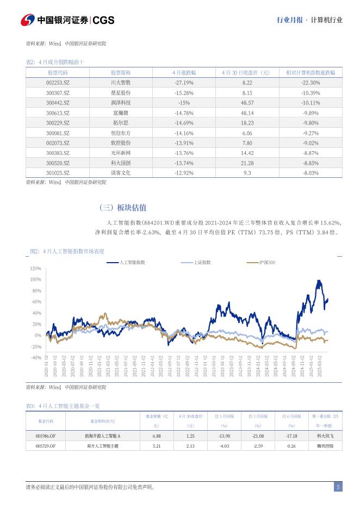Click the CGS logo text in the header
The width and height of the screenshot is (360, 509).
(x=103, y=20)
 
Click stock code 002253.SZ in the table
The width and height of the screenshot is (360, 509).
(x=58, y=83)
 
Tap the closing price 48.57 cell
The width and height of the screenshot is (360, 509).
(x=247, y=103)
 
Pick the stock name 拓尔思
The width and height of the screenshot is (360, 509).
(x=121, y=123)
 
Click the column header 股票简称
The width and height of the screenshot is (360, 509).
(x=121, y=72)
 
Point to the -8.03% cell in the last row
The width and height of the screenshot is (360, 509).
(x=310, y=173)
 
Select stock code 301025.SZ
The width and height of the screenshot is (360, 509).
(x=58, y=173)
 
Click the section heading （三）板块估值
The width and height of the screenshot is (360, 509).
(x=123, y=208)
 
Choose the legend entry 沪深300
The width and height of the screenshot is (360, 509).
(x=266, y=263)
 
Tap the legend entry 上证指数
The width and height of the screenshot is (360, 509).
(x=202, y=263)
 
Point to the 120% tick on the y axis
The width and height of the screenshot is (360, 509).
(x=35, y=269)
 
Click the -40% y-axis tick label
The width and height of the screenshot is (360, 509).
(x=35, y=358)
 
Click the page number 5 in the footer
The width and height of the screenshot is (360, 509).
(x=338, y=487)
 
